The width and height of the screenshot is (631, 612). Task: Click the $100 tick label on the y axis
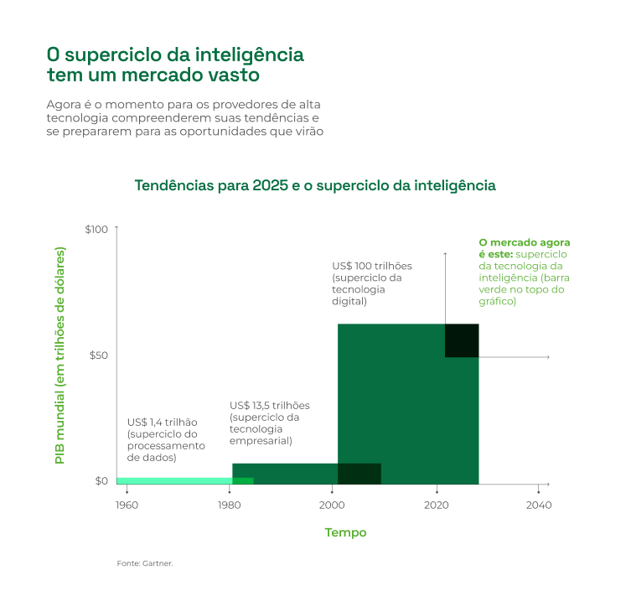(x=96, y=229)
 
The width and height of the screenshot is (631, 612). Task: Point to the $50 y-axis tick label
(x=98, y=355)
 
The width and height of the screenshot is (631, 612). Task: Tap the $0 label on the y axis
(x=101, y=481)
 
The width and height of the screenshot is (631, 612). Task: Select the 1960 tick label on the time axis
(x=127, y=505)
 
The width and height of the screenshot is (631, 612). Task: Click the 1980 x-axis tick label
(x=230, y=505)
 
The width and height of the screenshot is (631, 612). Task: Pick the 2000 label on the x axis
(x=333, y=505)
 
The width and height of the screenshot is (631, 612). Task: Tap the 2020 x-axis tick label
(x=436, y=505)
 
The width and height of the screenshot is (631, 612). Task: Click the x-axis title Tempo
(x=345, y=532)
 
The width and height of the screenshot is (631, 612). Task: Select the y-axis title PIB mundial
(x=59, y=355)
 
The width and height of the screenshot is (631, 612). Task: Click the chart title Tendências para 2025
(x=315, y=185)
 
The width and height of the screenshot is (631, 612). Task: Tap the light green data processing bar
(x=173, y=480)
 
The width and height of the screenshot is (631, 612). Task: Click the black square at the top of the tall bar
(x=461, y=340)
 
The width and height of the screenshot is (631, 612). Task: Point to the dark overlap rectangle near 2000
(x=359, y=474)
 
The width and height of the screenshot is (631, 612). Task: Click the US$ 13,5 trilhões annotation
(x=269, y=405)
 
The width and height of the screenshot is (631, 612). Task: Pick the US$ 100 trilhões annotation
(x=372, y=266)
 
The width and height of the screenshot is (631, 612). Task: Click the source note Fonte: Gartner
(x=145, y=563)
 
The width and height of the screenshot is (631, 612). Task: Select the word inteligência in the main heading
(x=249, y=55)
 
